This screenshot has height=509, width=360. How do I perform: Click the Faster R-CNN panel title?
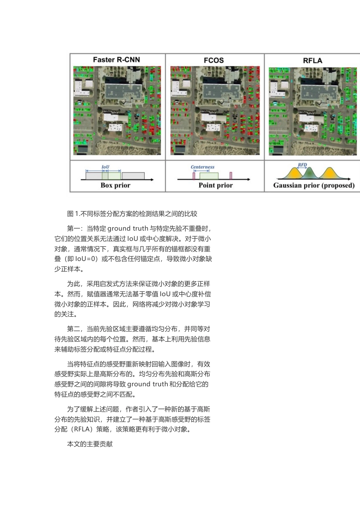click(x=116, y=60)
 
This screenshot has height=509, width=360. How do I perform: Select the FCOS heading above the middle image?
click(x=214, y=60)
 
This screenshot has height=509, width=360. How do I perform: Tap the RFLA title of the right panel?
click(x=312, y=61)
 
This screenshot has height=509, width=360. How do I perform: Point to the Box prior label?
click(x=115, y=185)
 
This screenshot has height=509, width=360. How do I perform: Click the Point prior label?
click(x=216, y=185)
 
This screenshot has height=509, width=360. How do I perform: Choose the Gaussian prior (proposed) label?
click(x=314, y=185)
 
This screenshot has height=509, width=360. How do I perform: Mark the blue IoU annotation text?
click(x=105, y=167)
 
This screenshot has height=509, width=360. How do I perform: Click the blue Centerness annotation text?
click(x=202, y=167)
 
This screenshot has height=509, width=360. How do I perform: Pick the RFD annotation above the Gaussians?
click(x=302, y=165)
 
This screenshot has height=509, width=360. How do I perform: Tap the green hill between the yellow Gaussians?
click(x=310, y=173)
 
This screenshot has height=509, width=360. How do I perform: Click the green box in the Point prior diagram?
click(x=209, y=176)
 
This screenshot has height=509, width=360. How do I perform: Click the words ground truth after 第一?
click(x=128, y=228)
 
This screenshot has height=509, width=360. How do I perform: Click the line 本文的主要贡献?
click(x=90, y=444)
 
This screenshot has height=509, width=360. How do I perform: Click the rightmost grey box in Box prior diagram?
click(x=133, y=176)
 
